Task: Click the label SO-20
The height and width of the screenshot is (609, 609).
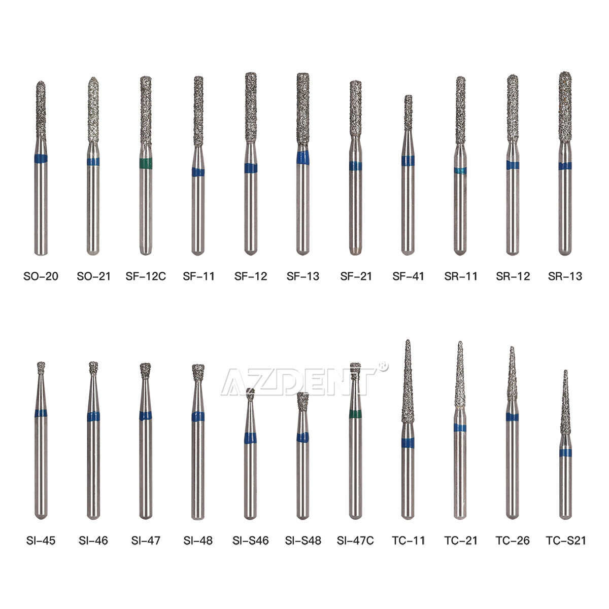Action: pyautogui.click(x=41, y=276)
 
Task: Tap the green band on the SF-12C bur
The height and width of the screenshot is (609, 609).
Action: pyautogui.click(x=146, y=163)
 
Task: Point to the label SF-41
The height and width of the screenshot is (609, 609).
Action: pyautogui.click(x=409, y=276)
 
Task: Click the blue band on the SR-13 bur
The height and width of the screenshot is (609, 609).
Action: pyautogui.click(x=565, y=166)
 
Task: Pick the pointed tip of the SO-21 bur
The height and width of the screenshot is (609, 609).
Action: pyautogui.click(x=92, y=80)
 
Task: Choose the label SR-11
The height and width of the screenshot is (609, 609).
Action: pyautogui.click(x=461, y=276)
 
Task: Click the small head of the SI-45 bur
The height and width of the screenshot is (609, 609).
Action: pyautogui.click(x=41, y=365)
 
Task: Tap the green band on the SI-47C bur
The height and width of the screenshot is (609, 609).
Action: pyautogui.click(x=355, y=413)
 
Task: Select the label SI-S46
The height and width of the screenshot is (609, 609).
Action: pyautogui.click(x=251, y=541)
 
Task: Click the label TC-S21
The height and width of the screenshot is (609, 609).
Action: pyautogui.click(x=566, y=541)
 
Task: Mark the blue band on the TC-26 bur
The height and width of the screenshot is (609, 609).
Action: pyautogui.click(x=512, y=417)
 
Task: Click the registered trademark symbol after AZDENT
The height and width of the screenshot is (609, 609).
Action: pyautogui.click(x=383, y=365)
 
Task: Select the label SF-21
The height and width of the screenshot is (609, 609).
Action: pyautogui.click(x=356, y=276)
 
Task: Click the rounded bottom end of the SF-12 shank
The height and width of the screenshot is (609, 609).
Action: pyautogui.click(x=251, y=250)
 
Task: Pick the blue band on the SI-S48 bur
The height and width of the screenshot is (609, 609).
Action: pyautogui.click(x=303, y=438)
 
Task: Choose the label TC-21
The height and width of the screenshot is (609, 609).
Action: pyautogui.click(x=461, y=541)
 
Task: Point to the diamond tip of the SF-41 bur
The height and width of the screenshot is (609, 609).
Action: pyautogui.click(x=408, y=109)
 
